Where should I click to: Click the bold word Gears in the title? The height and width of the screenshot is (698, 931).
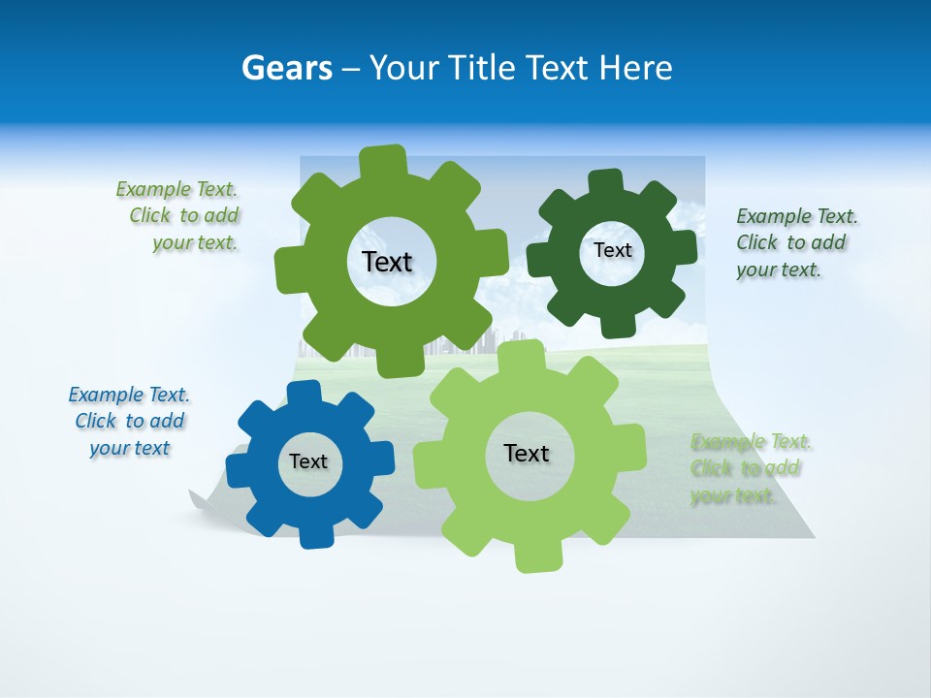click(x=286, y=68)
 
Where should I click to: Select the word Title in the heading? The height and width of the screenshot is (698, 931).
click(x=485, y=68)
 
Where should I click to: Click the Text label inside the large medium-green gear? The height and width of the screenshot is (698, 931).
click(x=387, y=262)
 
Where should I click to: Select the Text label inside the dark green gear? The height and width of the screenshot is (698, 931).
click(x=612, y=250)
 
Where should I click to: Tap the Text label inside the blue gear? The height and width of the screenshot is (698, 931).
click(x=308, y=461)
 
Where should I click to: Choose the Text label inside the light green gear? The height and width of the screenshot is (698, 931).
click(x=527, y=453)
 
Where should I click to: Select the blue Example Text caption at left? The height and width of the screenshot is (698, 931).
click(x=129, y=421)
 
